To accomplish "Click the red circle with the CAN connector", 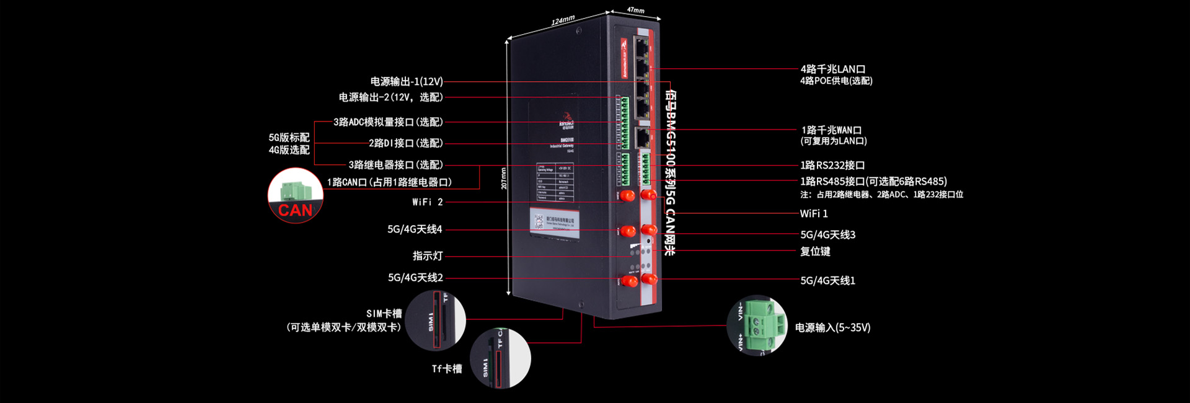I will (x=296, y=195).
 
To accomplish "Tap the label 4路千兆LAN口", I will (x=832, y=69).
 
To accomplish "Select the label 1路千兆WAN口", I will (x=831, y=130).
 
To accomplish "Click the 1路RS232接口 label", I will (x=832, y=166).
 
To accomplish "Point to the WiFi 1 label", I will (x=813, y=214).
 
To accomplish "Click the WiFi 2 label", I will (x=427, y=202).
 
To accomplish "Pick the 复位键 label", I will (x=814, y=252).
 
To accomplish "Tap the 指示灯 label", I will (x=428, y=256).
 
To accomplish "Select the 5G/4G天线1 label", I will (x=827, y=281).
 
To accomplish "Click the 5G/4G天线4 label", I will (x=415, y=229).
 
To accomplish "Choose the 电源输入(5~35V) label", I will (x=832, y=328).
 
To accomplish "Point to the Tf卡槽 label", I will (x=447, y=369).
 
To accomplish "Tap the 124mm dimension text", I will (x=563, y=21).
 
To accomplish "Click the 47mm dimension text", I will (x=635, y=10).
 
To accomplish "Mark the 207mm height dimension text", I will (x=503, y=178).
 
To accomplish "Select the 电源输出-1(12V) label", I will (x=407, y=82).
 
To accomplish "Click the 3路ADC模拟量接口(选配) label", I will (x=388, y=122).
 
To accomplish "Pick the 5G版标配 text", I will (x=289, y=138).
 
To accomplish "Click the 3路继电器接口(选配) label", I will (x=395, y=165).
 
